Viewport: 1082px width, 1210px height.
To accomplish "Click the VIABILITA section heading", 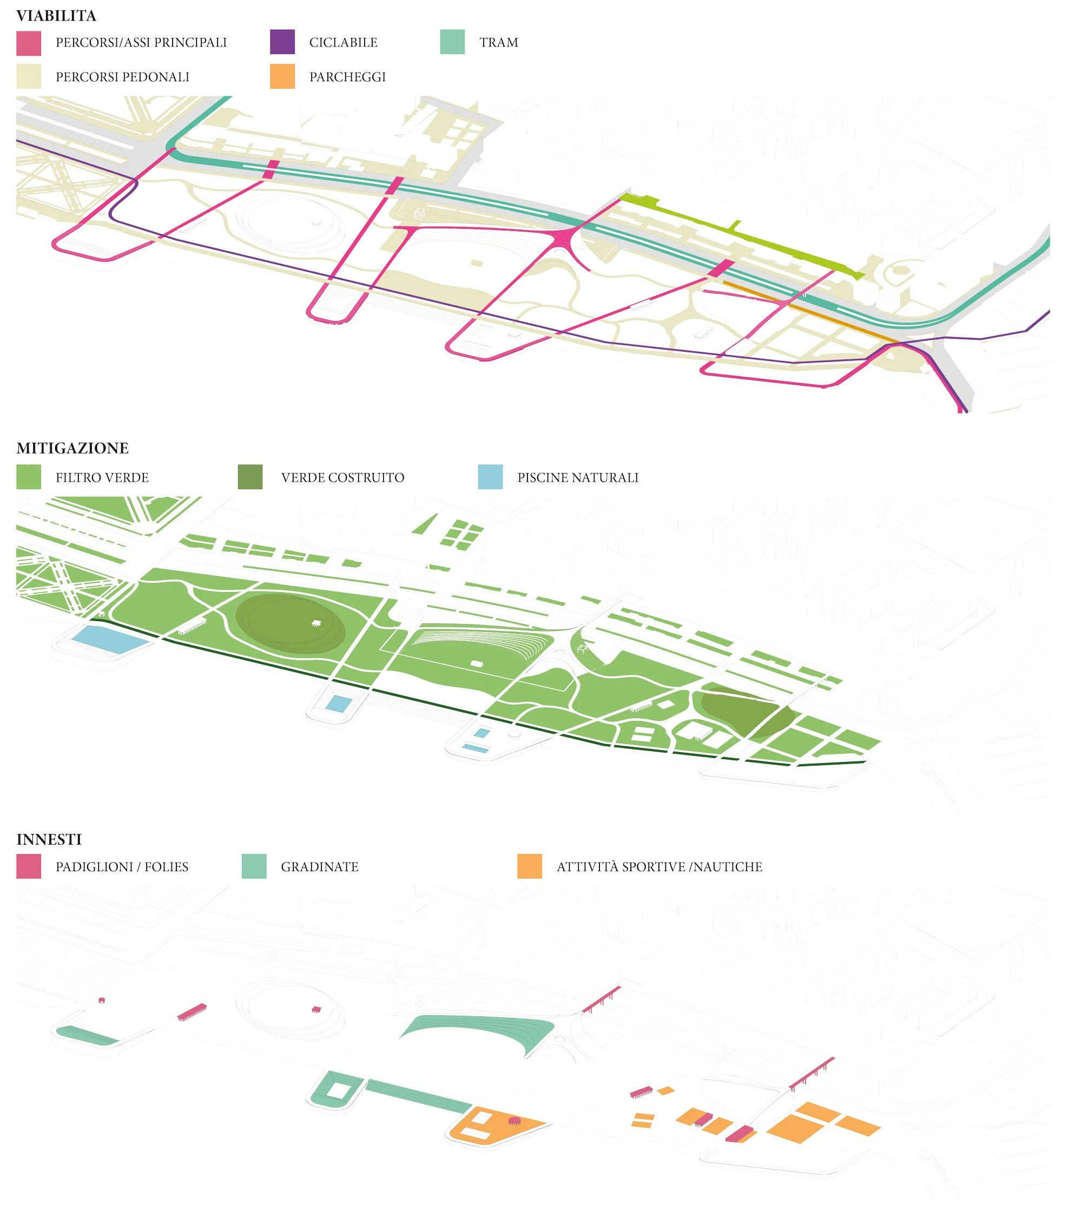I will pyautogui.click(x=56, y=16).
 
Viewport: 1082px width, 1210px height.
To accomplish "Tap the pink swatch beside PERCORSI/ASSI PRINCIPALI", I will pyautogui.click(x=29, y=43).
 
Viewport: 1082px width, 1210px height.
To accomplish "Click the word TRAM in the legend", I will pyautogui.click(x=499, y=43).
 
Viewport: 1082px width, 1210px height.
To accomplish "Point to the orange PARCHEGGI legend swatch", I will pyautogui.click(x=282, y=77).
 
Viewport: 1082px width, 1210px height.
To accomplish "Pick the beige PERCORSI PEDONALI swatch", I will pyautogui.click(x=29, y=77).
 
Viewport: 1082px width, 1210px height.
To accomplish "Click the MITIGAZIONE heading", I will pyautogui.click(x=72, y=448).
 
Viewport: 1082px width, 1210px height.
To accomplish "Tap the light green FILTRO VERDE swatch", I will pyautogui.click(x=29, y=477).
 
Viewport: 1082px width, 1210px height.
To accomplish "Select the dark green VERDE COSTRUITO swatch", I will pyautogui.click(x=250, y=477).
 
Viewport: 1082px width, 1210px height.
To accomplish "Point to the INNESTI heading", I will pyautogui.click(x=49, y=839).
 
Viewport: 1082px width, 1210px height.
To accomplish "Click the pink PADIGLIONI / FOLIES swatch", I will pyautogui.click(x=29, y=867).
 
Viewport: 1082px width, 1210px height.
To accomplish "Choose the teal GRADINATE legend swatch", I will pyautogui.click(x=254, y=867).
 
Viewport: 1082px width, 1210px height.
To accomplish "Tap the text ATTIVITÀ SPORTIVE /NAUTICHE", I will pyautogui.click(x=659, y=867).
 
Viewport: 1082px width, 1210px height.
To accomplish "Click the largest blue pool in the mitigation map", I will pyautogui.click(x=110, y=640).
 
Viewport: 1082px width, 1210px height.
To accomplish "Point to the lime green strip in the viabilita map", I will pyautogui.click(x=737, y=235).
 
